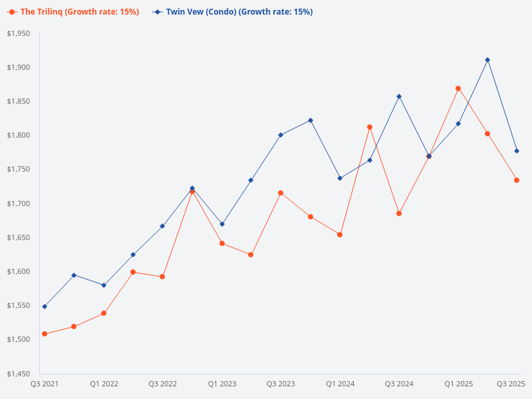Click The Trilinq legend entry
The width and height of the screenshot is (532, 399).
click(73, 12)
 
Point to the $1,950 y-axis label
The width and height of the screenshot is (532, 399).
click(19, 33)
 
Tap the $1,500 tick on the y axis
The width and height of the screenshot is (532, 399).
click(19, 339)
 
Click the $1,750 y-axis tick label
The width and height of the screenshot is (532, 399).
click(19, 170)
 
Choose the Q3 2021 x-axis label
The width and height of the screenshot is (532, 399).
click(45, 384)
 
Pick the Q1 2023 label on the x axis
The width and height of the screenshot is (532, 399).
click(222, 384)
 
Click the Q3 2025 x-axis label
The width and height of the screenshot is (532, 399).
click(511, 384)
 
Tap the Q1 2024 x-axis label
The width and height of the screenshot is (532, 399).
click(340, 384)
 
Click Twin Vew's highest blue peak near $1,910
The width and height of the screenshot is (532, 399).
click(487, 60)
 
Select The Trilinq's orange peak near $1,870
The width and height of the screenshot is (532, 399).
click(458, 88)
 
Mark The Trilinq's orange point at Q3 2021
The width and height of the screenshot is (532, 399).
click(45, 334)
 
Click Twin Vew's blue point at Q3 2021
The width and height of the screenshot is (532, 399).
click(45, 307)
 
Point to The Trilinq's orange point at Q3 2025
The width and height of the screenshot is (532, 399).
click(517, 180)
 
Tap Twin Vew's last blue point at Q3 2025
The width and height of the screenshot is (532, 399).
click(517, 151)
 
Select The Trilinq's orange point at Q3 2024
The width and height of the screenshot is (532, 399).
click(399, 213)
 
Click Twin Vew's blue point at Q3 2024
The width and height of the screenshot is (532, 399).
click(399, 96)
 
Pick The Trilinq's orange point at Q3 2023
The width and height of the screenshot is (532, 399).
click(281, 193)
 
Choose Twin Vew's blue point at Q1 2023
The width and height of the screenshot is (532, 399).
click(222, 224)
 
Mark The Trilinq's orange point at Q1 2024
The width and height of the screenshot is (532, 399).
click(340, 235)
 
